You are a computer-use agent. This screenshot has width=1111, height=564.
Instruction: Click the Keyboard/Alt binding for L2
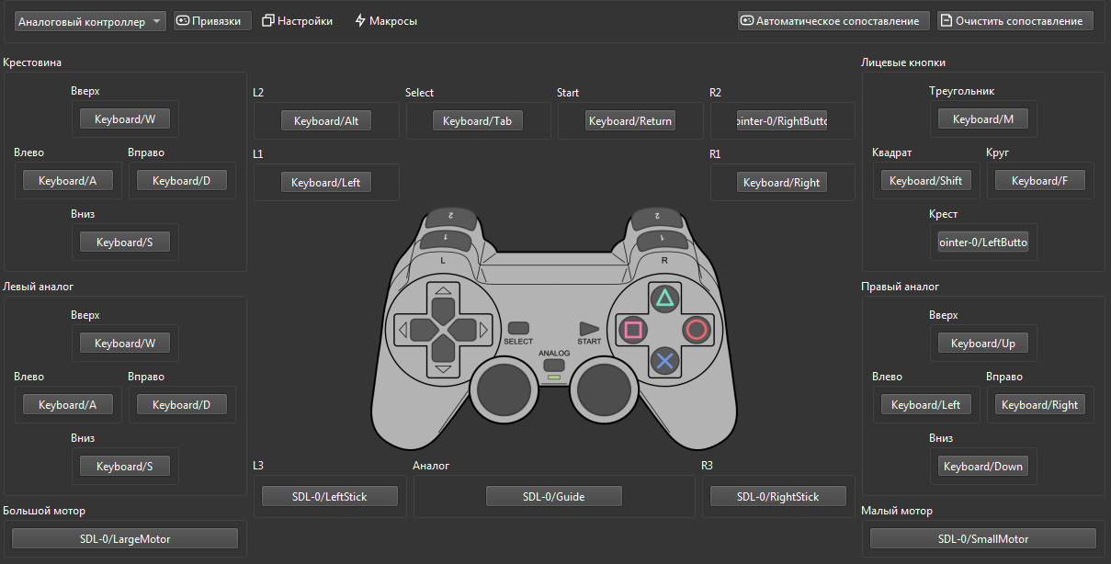[x=326, y=121]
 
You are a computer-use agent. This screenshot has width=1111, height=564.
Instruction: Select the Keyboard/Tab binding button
[x=477, y=121]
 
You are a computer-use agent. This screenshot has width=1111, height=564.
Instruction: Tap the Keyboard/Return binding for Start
[x=629, y=121]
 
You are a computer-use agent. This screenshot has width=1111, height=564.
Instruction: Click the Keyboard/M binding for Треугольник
[x=982, y=119]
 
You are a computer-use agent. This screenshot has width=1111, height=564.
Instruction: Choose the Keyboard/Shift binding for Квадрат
[x=925, y=181]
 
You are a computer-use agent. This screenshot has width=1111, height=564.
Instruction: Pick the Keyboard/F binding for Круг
[x=1039, y=181]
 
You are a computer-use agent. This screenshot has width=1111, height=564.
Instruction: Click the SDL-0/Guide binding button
[x=553, y=497]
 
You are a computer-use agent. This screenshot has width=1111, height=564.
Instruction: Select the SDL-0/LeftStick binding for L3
[x=329, y=497]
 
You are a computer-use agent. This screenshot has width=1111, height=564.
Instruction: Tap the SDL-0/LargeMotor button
[x=125, y=538]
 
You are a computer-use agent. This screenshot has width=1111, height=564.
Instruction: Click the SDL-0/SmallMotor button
[x=983, y=538]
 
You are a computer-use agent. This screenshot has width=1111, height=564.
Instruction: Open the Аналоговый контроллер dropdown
[x=90, y=22]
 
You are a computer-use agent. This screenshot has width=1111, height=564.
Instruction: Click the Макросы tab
[x=386, y=21]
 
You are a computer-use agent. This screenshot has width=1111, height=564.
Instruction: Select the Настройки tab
[x=298, y=21]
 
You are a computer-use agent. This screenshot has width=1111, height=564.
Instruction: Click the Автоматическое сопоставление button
[x=833, y=21]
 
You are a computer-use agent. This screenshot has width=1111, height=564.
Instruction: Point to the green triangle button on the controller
[x=664, y=298]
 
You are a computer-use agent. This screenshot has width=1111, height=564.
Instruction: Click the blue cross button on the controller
[x=664, y=361]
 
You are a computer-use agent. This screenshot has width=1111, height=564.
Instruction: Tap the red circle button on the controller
[x=697, y=330]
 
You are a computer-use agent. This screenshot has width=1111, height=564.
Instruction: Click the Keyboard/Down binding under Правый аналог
[x=982, y=467]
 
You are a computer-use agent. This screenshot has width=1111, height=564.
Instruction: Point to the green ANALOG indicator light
[x=554, y=378]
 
